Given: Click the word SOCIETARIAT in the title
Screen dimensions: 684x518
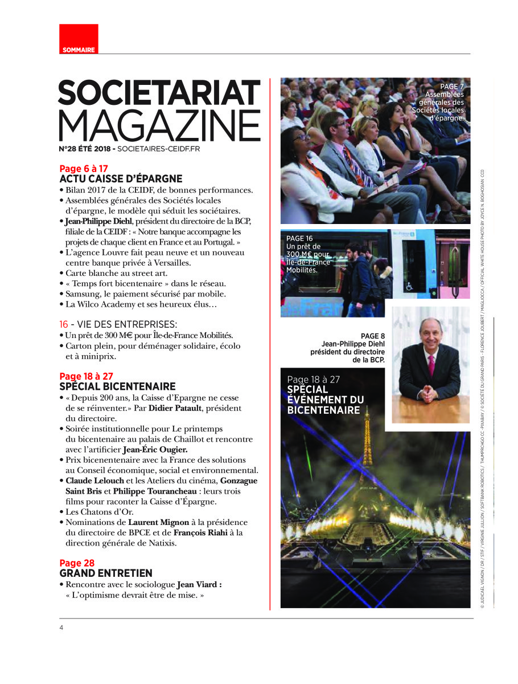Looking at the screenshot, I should [x=159, y=92].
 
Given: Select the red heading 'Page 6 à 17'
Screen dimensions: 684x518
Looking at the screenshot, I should [x=84, y=169].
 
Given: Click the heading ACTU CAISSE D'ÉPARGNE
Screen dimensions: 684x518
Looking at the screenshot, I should [x=121, y=178].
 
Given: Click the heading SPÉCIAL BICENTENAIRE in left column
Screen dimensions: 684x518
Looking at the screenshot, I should [x=117, y=386].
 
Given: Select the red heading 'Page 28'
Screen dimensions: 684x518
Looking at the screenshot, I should [x=77, y=563].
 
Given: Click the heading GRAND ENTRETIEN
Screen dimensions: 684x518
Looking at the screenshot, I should [x=106, y=573].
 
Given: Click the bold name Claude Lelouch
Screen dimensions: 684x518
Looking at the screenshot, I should [x=94, y=481].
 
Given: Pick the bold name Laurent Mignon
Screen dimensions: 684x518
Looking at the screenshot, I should [x=155, y=522].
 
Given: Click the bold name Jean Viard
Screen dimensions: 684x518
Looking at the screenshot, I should [x=199, y=585].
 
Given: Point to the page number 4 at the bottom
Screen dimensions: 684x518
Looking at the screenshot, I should [x=61, y=628].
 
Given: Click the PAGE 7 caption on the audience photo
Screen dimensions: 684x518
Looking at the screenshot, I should [x=452, y=87].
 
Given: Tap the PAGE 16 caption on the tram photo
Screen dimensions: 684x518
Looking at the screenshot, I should [x=299, y=238].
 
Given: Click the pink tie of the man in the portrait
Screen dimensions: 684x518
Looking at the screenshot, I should [x=431, y=365].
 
